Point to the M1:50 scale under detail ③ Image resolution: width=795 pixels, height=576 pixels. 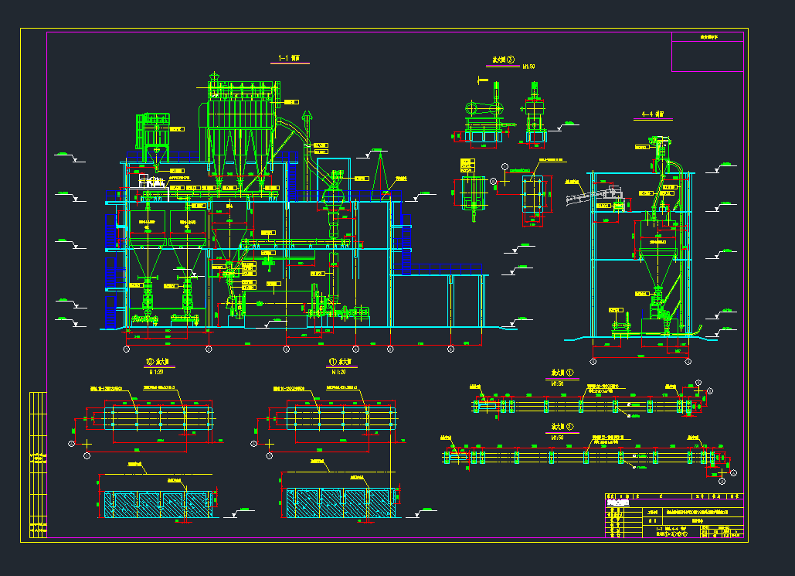point(529,66)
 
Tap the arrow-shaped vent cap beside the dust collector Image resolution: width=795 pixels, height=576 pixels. point(307,118)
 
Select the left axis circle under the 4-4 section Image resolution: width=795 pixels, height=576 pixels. point(593,361)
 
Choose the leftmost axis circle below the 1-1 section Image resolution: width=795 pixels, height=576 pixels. point(126,349)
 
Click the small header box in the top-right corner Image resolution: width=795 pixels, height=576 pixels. point(707,36)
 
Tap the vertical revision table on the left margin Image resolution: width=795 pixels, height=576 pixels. point(37,464)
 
